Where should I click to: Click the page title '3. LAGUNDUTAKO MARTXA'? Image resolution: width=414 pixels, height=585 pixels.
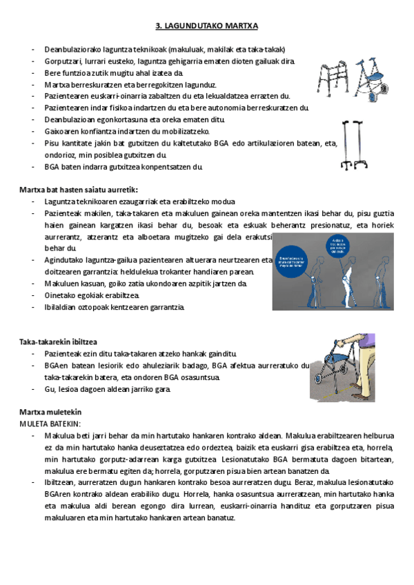pos(206,26)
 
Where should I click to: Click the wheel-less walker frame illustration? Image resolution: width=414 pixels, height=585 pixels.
pos(335,68)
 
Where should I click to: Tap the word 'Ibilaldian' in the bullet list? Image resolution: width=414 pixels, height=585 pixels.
pos(61,306)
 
